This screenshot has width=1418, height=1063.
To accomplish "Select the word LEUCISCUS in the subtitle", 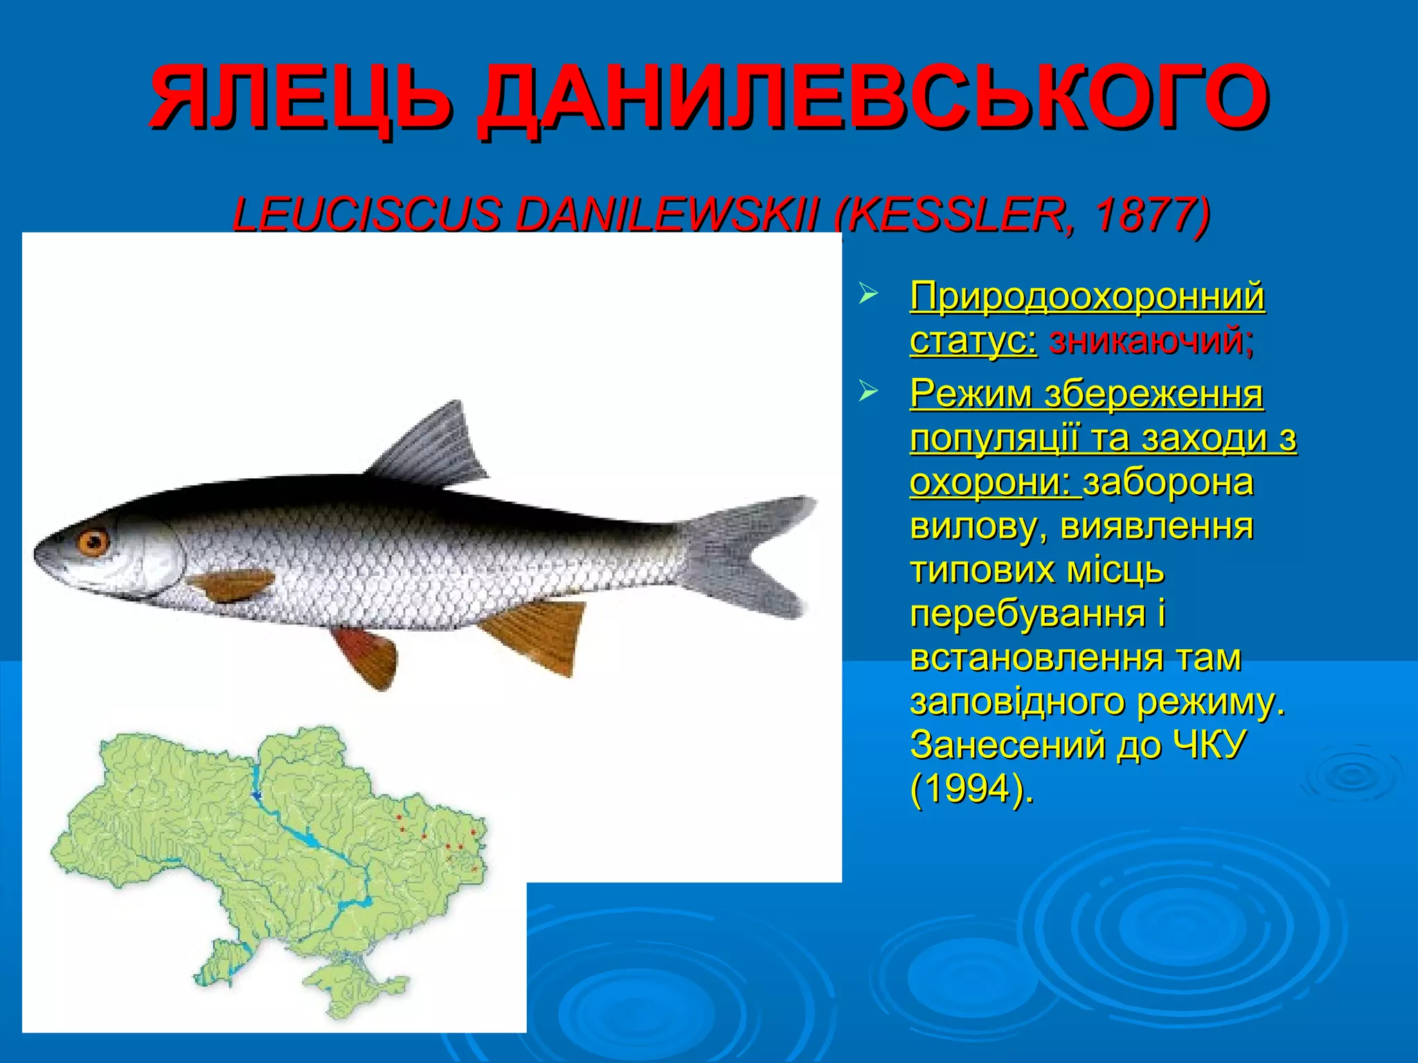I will tap(367, 215).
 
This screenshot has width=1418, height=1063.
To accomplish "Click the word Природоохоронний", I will tap(1087, 296).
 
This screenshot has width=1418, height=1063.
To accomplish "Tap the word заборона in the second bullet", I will tap(1169, 482).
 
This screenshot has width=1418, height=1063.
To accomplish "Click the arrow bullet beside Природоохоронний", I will tap(868, 294).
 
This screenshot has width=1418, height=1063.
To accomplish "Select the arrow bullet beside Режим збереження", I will tap(868, 392).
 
